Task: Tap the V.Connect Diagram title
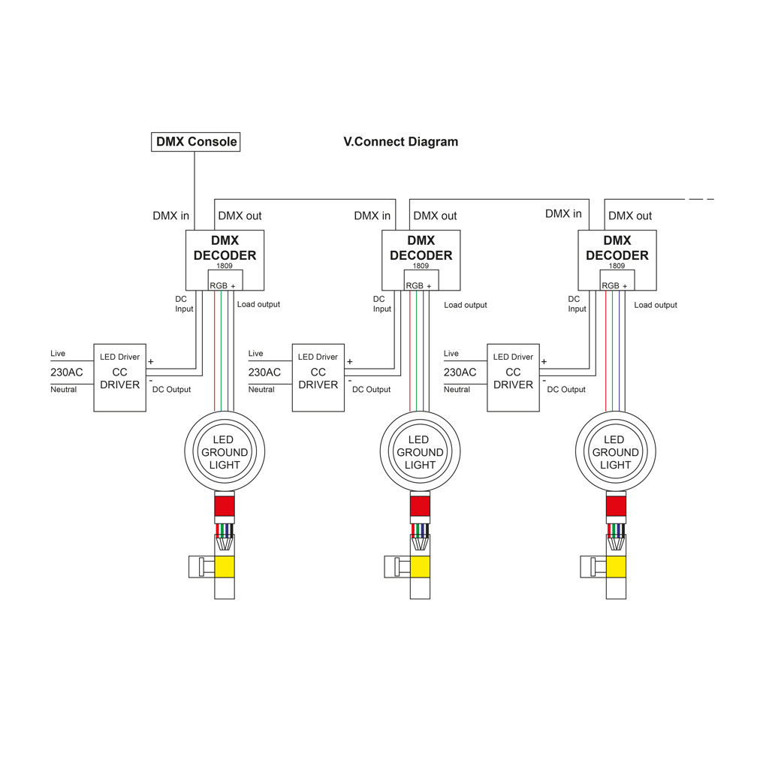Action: (x=401, y=142)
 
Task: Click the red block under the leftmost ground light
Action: (x=225, y=506)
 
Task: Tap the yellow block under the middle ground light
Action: (x=421, y=567)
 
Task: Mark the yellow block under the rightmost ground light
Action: (x=616, y=567)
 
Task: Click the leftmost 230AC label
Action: (x=67, y=372)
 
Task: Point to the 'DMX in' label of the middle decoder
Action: (x=372, y=216)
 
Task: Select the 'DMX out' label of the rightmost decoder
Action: (x=630, y=216)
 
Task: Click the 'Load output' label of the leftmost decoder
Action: (x=258, y=305)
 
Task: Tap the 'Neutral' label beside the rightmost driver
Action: (x=457, y=390)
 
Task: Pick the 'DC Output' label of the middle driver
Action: (x=371, y=390)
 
